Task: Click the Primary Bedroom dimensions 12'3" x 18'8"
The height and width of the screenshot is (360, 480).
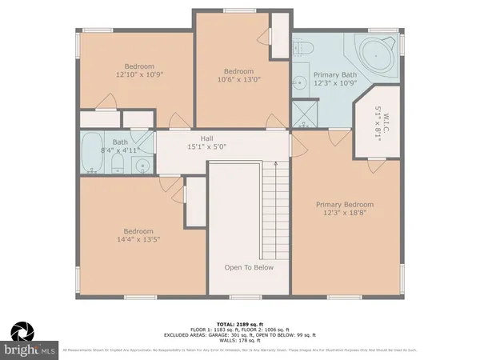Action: (344, 214)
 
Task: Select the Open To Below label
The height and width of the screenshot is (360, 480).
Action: (249, 267)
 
